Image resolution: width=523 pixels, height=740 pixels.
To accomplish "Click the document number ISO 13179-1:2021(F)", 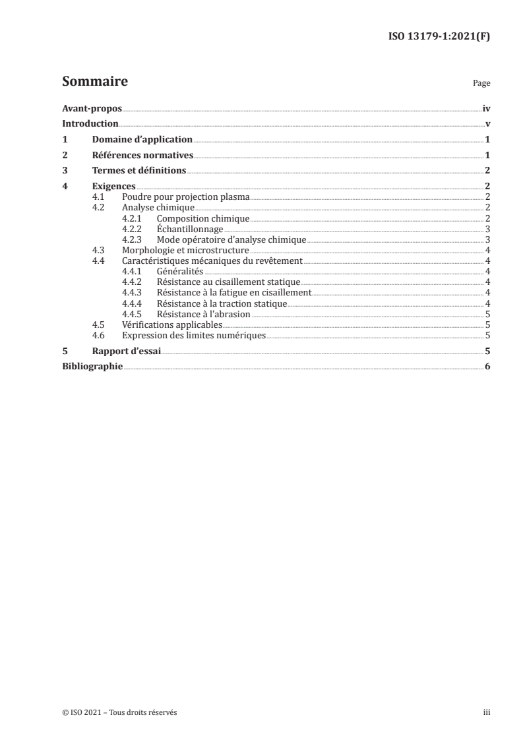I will point(438,37).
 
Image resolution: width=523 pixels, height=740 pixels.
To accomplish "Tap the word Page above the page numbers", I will point(481,84).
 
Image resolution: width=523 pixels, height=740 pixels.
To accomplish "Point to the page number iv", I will point(486,108).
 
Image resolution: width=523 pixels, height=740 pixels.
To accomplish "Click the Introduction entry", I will point(90,124).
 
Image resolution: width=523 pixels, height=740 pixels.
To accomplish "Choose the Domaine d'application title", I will point(142,140).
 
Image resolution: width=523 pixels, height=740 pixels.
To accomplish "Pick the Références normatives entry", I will point(142,156).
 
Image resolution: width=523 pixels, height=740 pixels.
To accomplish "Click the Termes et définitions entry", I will point(139,171).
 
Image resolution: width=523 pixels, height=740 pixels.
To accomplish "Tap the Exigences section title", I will point(114,187).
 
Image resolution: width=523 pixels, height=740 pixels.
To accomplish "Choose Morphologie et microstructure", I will point(185,251).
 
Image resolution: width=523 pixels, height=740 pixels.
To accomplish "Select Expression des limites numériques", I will point(194,336).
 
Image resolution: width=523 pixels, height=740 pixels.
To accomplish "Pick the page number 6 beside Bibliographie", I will point(487,367).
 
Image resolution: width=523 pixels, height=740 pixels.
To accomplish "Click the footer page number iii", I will point(487,713).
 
